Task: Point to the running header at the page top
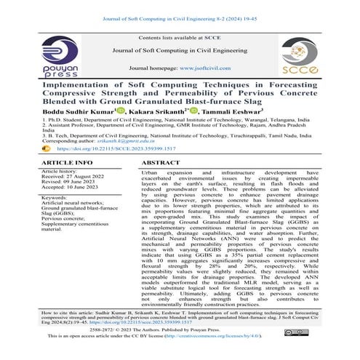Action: [180, 8]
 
